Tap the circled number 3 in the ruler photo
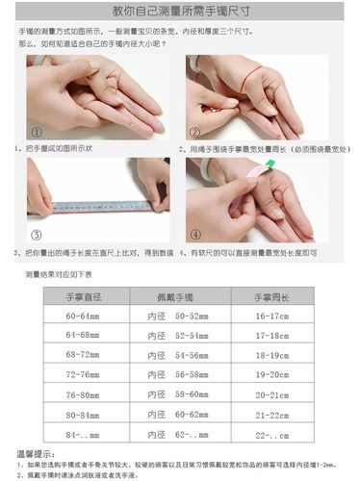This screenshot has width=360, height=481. [x=37, y=234]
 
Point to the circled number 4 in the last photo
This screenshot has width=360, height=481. [x=195, y=234]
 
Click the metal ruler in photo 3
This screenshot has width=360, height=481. [x=101, y=206]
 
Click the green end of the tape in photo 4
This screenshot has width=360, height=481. [x=271, y=164]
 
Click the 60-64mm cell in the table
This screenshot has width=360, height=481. [x=83, y=316]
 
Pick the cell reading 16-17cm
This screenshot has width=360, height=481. [x=271, y=316]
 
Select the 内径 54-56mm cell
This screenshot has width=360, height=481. [x=178, y=355]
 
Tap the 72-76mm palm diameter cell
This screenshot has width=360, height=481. [x=83, y=374]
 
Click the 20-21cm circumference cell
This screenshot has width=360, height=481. [x=271, y=394]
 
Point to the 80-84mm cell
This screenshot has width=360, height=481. [x=83, y=415]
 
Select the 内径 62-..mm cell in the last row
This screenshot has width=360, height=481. [x=178, y=435]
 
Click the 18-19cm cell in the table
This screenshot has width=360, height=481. [x=271, y=355]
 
